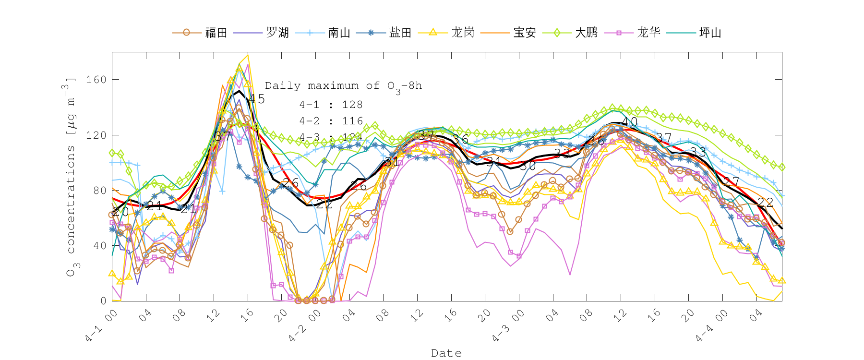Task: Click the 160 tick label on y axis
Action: pos(96,80)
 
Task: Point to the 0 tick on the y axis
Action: pos(103,301)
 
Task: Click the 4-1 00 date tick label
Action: pos(101,326)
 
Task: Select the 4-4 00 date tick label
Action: pos(711,326)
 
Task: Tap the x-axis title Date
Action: pos(446,353)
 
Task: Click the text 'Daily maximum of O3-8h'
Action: pos(343,86)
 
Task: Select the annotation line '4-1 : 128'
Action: pos(331,105)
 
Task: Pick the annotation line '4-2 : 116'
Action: pos(331,121)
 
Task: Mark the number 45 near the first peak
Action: pos(257,99)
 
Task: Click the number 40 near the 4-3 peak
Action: pos(629,122)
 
